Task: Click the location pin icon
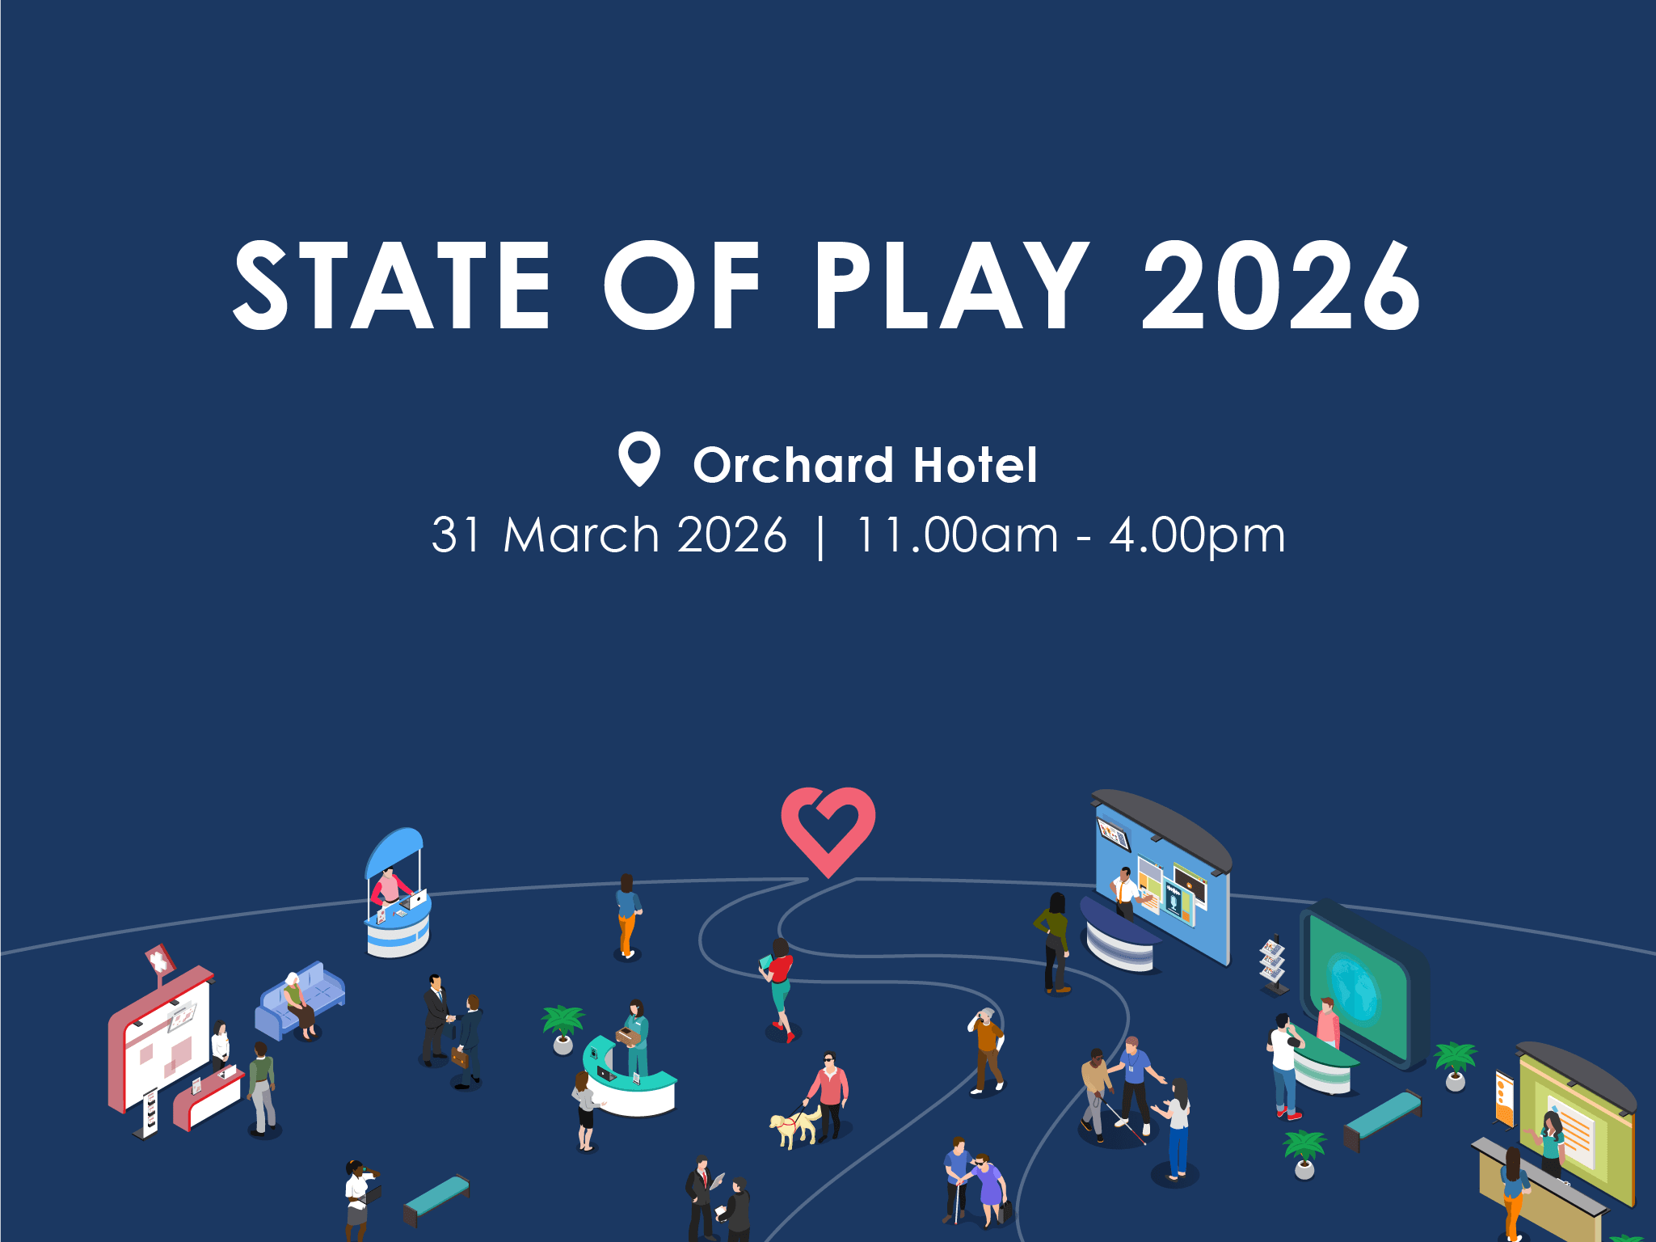639,458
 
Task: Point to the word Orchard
793,465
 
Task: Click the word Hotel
975,465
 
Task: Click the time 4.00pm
1197,536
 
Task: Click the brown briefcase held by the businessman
458,1058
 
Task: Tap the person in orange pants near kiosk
627,916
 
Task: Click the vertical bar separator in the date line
821,537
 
